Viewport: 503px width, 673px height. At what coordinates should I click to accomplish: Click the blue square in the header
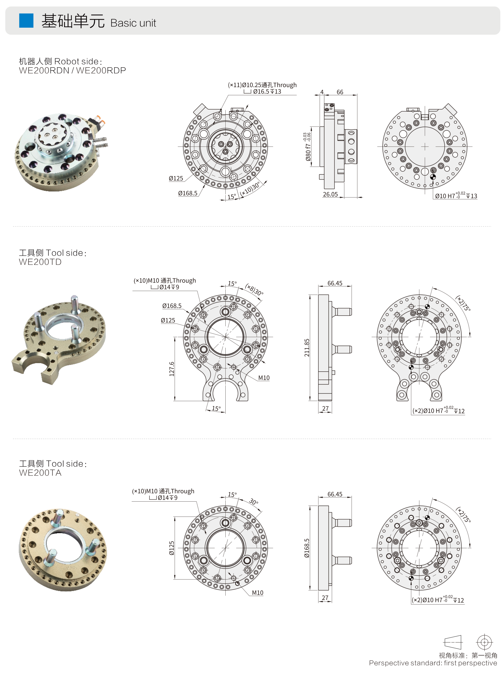coord(26,20)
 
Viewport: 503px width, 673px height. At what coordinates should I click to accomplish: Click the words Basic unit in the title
coord(133,23)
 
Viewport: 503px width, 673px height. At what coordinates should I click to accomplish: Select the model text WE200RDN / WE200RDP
coord(72,71)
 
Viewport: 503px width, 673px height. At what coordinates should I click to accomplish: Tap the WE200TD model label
coord(40,262)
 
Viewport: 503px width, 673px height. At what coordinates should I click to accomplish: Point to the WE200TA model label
coord(40,473)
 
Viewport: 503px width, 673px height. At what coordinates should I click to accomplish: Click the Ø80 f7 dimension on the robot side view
coord(308,147)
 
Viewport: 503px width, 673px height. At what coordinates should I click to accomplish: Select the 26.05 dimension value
coord(330,195)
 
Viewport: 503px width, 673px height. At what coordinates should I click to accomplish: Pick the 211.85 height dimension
coord(307,348)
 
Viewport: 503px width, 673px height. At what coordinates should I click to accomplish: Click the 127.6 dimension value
coord(172,369)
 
